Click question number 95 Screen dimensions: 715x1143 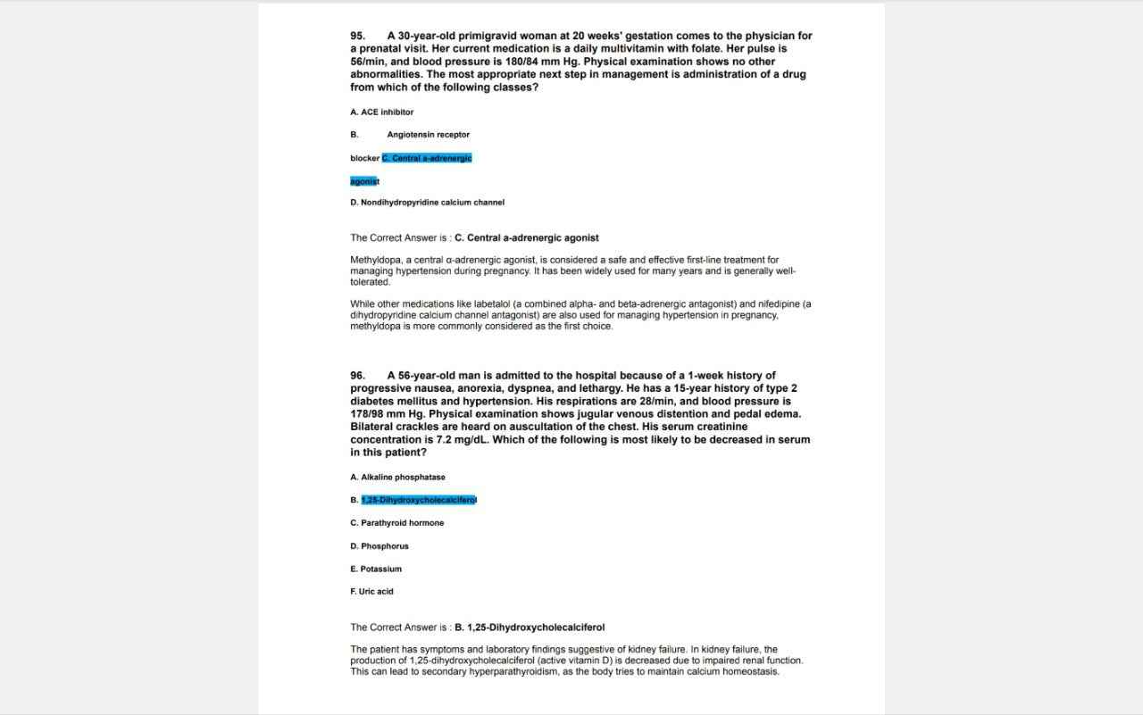click(x=357, y=36)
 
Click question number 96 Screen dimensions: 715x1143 click(x=357, y=376)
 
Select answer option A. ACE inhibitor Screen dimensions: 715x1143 click(x=382, y=112)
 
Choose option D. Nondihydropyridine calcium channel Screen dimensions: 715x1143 click(x=427, y=203)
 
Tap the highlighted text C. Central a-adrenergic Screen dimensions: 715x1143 click(x=427, y=158)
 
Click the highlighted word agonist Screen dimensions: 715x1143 click(x=364, y=181)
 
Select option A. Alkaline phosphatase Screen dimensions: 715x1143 click(x=397, y=478)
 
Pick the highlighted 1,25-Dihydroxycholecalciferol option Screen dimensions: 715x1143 click(x=419, y=500)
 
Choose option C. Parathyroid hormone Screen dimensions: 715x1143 click(x=397, y=523)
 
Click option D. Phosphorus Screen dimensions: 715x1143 click(x=380, y=546)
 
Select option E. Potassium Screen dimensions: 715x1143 click(x=376, y=570)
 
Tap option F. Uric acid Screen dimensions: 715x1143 click(x=371, y=592)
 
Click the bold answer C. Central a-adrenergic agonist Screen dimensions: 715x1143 click(x=527, y=238)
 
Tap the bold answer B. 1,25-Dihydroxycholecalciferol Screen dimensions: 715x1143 click(x=530, y=628)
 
